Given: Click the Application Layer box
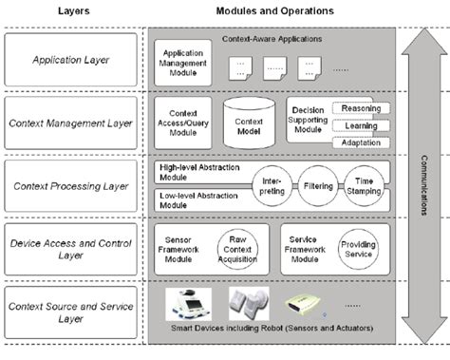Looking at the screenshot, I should [70, 59].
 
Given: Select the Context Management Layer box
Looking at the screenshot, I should [70, 123].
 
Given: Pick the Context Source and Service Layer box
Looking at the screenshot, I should [70, 310].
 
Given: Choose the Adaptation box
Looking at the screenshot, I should [359, 142].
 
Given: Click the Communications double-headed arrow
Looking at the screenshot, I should [422, 180].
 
